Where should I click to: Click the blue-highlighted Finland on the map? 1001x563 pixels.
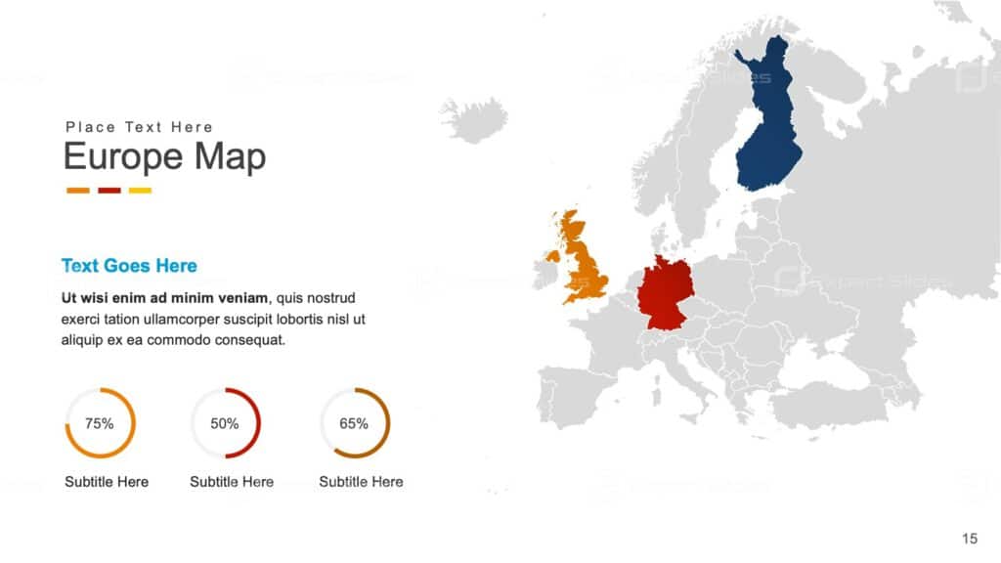(x=768, y=137)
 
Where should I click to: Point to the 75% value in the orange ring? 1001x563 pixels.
(x=100, y=423)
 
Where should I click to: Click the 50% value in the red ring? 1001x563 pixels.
(x=225, y=423)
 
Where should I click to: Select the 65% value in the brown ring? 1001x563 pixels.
(x=354, y=423)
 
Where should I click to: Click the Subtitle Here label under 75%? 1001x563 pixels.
(x=107, y=482)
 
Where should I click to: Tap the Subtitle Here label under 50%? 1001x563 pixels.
(x=232, y=482)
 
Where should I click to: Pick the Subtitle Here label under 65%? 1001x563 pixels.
(x=361, y=482)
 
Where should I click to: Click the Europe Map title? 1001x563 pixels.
(x=164, y=156)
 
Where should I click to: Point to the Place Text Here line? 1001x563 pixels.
(x=139, y=127)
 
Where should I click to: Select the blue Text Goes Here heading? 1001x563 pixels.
(x=129, y=266)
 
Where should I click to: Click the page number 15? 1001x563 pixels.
(x=970, y=539)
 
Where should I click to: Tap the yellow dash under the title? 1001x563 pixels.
(x=140, y=191)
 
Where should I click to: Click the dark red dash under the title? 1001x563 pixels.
(x=109, y=191)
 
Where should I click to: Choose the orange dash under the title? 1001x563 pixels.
(x=78, y=191)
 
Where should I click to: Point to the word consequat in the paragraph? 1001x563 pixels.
(x=250, y=340)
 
